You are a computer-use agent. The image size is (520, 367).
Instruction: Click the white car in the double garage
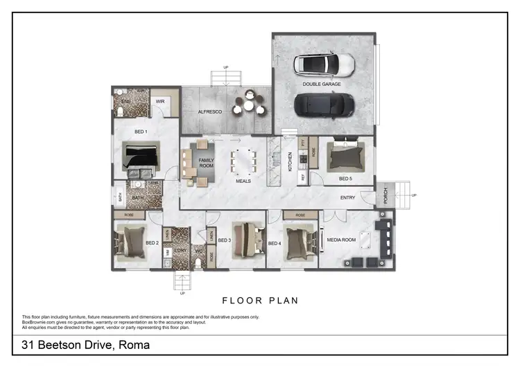click(x=323, y=65)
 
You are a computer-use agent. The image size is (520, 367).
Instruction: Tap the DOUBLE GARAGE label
click(x=322, y=84)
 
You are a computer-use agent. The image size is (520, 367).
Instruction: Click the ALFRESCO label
click(x=209, y=111)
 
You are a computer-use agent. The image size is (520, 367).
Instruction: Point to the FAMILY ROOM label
click(x=207, y=163)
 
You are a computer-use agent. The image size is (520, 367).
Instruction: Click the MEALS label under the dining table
click(x=243, y=181)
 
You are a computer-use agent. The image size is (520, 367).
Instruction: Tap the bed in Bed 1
click(x=141, y=157)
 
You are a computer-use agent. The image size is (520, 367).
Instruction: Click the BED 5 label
click(x=345, y=179)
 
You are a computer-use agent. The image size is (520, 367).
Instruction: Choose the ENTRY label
click(x=347, y=198)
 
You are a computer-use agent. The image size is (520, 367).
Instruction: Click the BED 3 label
click(x=224, y=240)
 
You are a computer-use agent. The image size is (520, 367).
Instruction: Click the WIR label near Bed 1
click(x=159, y=101)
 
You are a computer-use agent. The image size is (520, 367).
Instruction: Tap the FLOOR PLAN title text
click(x=260, y=301)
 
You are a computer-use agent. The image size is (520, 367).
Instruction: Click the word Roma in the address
click(x=135, y=345)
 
